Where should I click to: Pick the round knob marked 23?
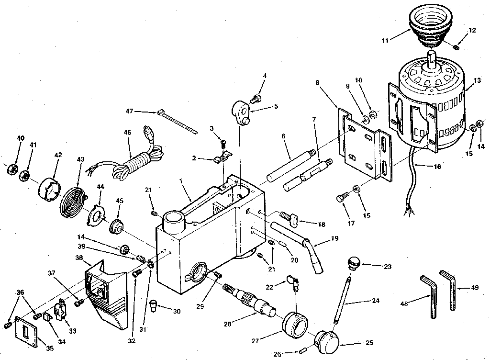point(353,263)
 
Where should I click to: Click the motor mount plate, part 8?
point(364,144)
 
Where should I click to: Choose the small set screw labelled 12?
point(457,46)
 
